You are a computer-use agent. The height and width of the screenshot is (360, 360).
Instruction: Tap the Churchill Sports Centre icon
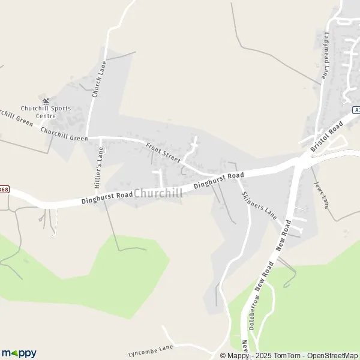coord(46,100)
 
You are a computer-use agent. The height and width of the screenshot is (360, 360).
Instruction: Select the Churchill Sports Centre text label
coord(46,112)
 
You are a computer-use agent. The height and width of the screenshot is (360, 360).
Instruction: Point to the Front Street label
coord(163,152)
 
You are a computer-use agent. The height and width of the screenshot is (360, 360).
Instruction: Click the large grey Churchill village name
coord(158,193)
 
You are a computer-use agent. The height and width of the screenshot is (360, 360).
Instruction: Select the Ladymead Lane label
coord(328,55)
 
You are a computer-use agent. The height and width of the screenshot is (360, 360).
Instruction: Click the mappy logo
coord(19,353)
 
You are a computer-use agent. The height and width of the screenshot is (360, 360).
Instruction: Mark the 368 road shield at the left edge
coord(4,190)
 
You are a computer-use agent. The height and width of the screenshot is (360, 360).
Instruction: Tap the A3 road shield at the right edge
coord(356,110)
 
